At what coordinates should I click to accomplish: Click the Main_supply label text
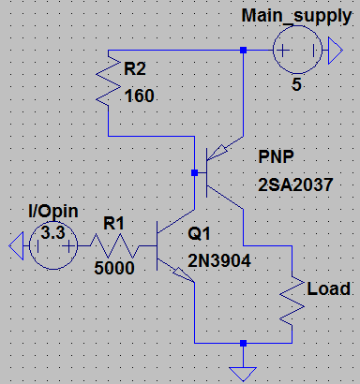pyautogui.click(x=296, y=16)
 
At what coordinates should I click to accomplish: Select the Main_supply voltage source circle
pyautogui.click(x=297, y=26)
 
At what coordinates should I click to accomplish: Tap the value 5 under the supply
pyautogui.click(x=296, y=84)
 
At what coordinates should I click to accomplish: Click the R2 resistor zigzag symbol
pyautogui.click(x=108, y=81)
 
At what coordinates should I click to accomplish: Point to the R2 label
pyautogui.click(x=135, y=68)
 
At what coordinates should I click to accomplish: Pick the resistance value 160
pyautogui.click(x=140, y=96)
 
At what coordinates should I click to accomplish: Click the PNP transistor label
pyautogui.click(x=276, y=156)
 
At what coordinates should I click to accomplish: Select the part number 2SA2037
pyautogui.click(x=295, y=185)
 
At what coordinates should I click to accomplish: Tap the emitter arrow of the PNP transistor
pyautogui.click(x=217, y=152)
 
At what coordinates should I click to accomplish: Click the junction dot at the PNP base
pyautogui.click(x=194, y=172)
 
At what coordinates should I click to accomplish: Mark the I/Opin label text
pyautogui.click(x=53, y=212)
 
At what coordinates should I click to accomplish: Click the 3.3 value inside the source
pyautogui.click(x=52, y=232)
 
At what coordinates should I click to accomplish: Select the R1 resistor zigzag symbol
pyautogui.click(x=114, y=246)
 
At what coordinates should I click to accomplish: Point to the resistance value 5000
pyautogui.click(x=114, y=268)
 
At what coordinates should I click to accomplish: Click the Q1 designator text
pyautogui.click(x=199, y=233)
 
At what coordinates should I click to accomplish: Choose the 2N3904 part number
pyautogui.click(x=219, y=260)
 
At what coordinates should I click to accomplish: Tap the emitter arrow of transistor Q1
pyautogui.click(x=184, y=275)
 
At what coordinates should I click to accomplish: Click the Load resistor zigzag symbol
pyautogui.click(x=292, y=301)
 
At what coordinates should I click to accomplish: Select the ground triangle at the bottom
pyautogui.click(x=243, y=374)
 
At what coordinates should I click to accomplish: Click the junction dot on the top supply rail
pyautogui.click(x=243, y=50)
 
